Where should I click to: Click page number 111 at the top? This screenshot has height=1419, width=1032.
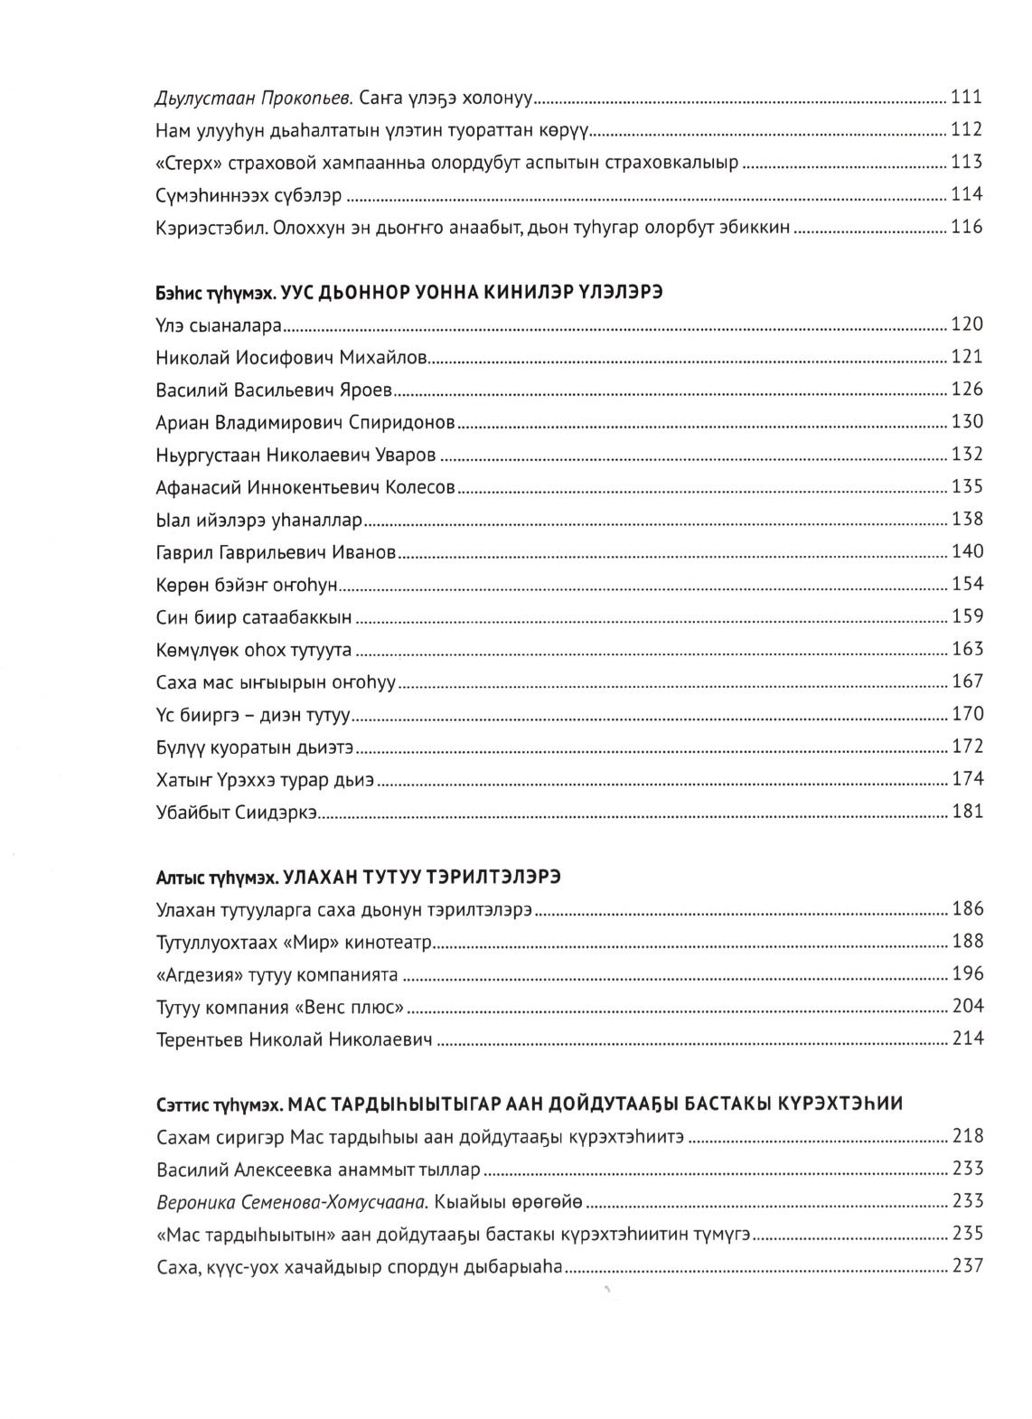[966, 97]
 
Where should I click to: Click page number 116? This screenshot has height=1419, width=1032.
[966, 227]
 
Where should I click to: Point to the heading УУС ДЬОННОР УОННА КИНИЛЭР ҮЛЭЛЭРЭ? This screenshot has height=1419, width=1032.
[479, 294]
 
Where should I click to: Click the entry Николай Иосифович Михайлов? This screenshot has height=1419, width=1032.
[291, 357]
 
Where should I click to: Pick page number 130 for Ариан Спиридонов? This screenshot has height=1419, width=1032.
[966, 422]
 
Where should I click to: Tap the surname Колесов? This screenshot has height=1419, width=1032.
[420, 487]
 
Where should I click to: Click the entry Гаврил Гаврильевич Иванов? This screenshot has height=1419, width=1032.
[276, 552]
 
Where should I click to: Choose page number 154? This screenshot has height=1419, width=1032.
[966, 585]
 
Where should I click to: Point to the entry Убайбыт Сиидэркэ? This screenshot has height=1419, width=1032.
[236, 812]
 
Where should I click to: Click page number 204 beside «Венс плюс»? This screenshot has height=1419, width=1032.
[966, 1007]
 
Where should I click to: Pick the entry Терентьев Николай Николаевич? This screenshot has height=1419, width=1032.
[294, 1039]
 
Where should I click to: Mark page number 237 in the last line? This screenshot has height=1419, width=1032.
[966, 1266]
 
